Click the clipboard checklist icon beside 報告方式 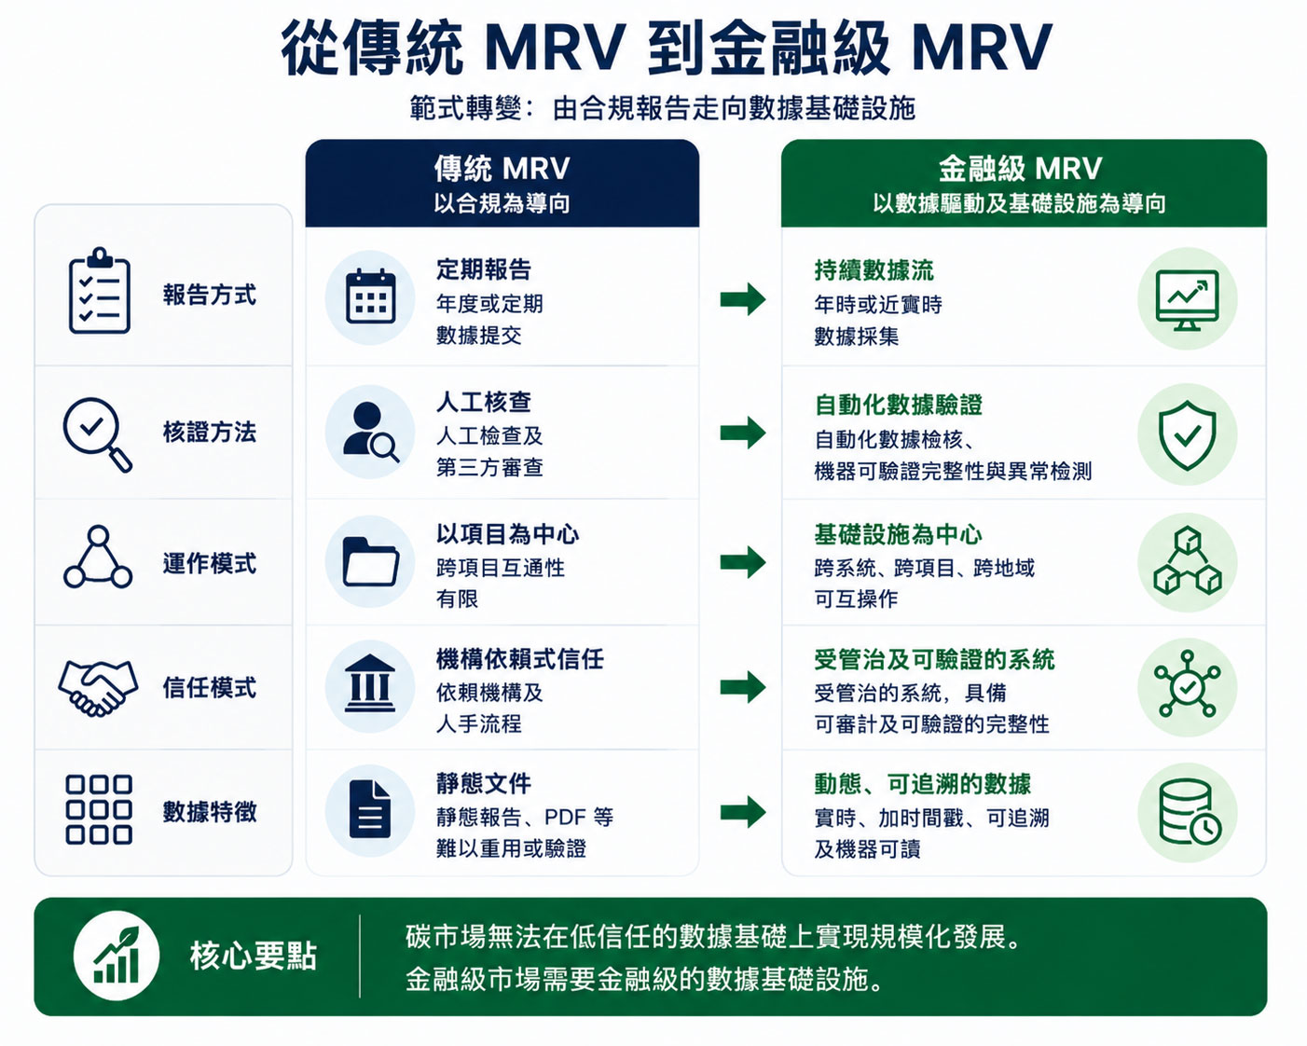[x=100, y=290]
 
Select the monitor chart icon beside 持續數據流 [x=1188, y=300]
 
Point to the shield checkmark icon [x=1188, y=435]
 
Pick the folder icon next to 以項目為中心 [x=370, y=561]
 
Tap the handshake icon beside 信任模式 [x=98, y=688]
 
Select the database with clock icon [x=1190, y=812]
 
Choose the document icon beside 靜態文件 [x=370, y=809]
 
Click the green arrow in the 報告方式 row [x=743, y=299]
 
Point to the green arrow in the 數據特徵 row [x=743, y=811]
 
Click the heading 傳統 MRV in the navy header [x=502, y=169]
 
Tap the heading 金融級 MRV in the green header [x=1020, y=169]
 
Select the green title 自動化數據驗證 [x=899, y=405]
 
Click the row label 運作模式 [x=210, y=563]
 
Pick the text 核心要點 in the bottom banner [x=254, y=956]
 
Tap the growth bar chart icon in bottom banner [x=117, y=956]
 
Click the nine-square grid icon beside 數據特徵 [x=99, y=810]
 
